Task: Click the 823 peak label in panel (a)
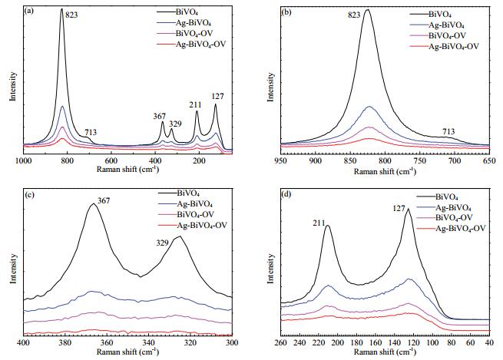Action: [71, 15]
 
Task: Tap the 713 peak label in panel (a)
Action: [91, 132]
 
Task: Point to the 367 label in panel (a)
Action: [159, 116]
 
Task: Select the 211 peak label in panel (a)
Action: [195, 105]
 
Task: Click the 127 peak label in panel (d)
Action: [399, 209]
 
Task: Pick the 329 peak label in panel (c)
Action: [162, 243]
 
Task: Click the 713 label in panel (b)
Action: [448, 131]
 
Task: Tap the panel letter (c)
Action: [29, 195]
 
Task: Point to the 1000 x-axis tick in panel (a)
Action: [23, 160]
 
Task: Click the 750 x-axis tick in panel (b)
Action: [419, 160]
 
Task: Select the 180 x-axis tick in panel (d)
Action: [357, 342]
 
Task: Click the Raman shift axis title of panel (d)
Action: [385, 352]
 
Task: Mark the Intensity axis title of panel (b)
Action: [271, 88]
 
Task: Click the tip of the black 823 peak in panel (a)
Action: [62, 8]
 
